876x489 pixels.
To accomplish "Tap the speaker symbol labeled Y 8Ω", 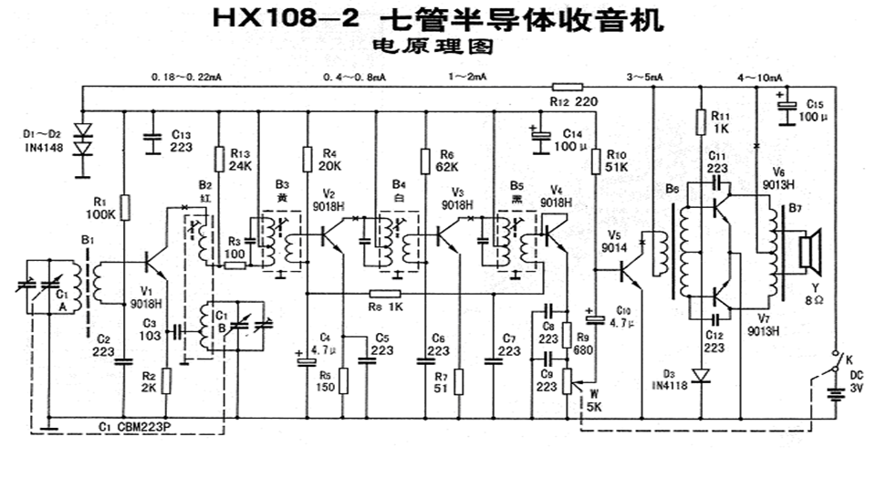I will click(807, 255).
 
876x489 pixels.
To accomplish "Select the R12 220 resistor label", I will click(573, 101).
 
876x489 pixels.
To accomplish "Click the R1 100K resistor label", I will click(100, 208).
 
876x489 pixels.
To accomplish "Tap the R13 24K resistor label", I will click(240, 160).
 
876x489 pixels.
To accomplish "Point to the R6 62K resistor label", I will click(446, 160).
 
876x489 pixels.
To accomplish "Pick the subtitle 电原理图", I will click(435, 44).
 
